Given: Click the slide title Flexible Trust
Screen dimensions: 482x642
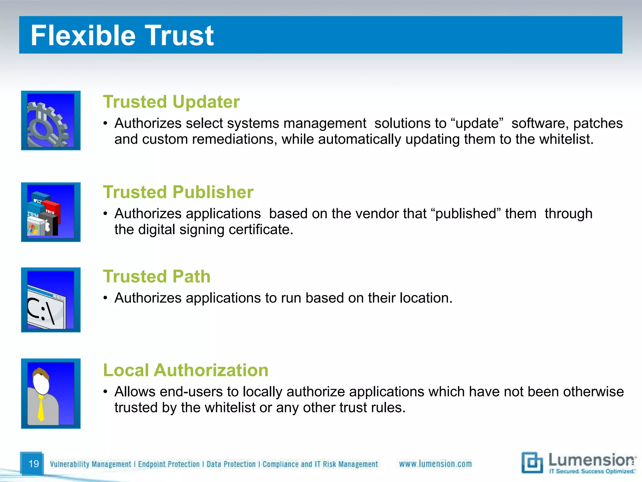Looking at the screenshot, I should point(122,35).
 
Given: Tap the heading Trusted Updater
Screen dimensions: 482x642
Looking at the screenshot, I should point(171,102).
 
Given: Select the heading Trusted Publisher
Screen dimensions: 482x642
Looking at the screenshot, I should point(178,192).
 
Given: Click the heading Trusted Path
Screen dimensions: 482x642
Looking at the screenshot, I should point(157,276).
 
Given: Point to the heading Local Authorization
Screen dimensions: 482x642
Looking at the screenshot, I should point(186,370).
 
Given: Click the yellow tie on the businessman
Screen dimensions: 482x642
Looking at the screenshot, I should point(41,408).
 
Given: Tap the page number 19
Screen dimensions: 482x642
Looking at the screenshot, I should point(34,464).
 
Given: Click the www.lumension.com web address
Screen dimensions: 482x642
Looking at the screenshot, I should point(435,464).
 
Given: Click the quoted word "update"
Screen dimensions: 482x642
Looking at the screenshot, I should point(477,123).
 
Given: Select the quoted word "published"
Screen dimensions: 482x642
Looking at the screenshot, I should point(466,214).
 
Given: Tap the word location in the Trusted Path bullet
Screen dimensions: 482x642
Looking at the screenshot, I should point(426,298).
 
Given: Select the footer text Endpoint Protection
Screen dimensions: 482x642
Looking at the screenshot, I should point(169,464).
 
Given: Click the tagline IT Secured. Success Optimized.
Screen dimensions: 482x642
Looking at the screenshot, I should point(592,471).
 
